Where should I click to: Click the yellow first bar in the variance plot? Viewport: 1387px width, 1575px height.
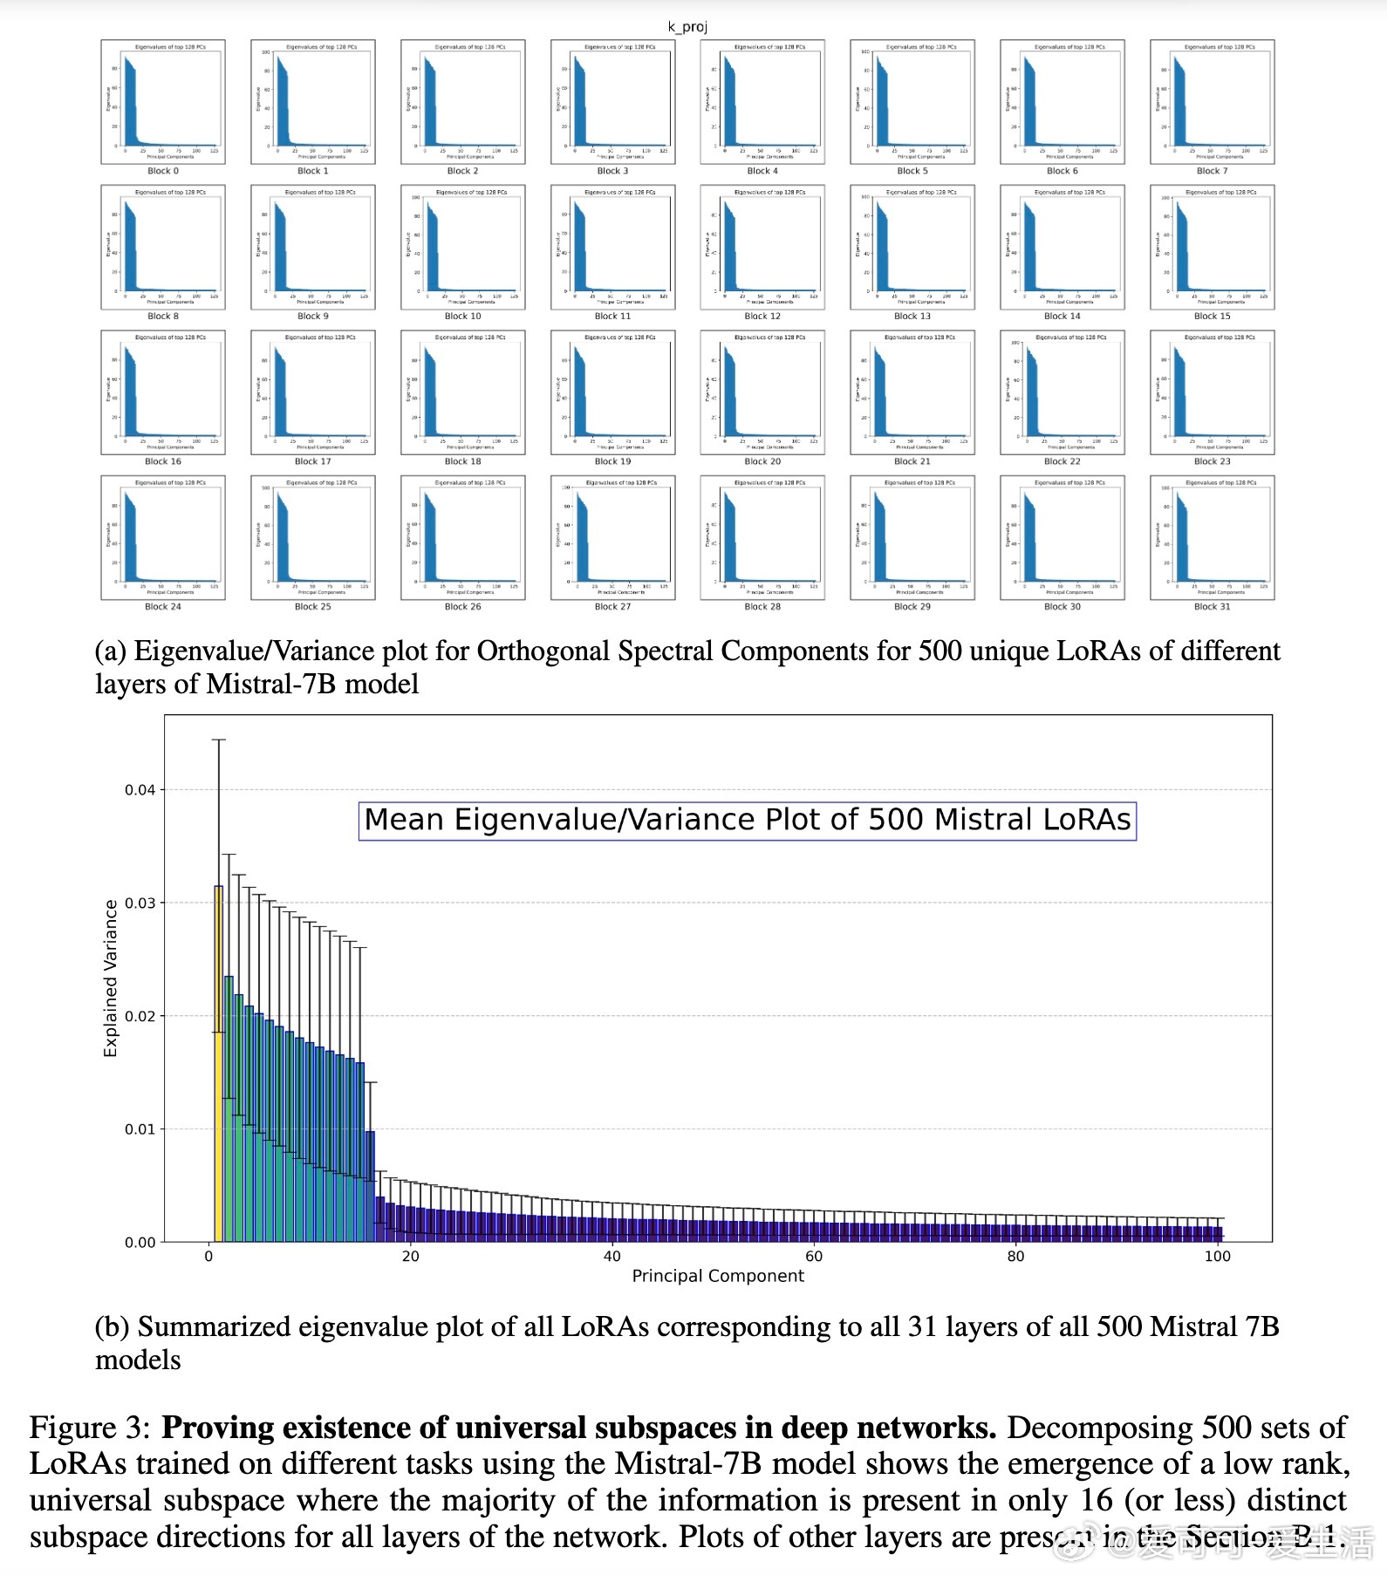coord(218,1064)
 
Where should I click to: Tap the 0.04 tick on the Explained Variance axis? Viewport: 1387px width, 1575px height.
coord(140,790)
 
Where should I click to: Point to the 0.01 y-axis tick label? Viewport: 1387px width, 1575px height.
coord(140,1129)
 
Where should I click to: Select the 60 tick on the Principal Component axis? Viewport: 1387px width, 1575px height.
coord(813,1257)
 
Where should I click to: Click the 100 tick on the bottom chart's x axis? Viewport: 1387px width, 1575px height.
coord(1217,1257)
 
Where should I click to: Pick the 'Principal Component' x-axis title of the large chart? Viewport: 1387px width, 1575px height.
coord(718,1276)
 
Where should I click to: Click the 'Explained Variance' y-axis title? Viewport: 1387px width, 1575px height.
coord(111,978)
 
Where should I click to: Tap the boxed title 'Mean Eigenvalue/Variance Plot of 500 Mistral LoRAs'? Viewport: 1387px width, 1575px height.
coord(747,821)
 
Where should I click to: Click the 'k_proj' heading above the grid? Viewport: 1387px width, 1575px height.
coord(687,27)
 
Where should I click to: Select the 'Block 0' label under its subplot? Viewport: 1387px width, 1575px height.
coord(163,171)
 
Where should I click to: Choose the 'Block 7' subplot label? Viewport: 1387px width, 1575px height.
coord(1212,171)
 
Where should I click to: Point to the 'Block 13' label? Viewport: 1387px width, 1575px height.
coord(912,317)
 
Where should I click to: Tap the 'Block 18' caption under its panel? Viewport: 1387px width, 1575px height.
coord(462,461)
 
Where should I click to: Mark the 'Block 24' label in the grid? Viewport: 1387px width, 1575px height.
coord(163,607)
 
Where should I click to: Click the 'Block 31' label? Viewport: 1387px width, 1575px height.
coord(1212,607)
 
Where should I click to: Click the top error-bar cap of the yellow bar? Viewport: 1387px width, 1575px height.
coord(218,740)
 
